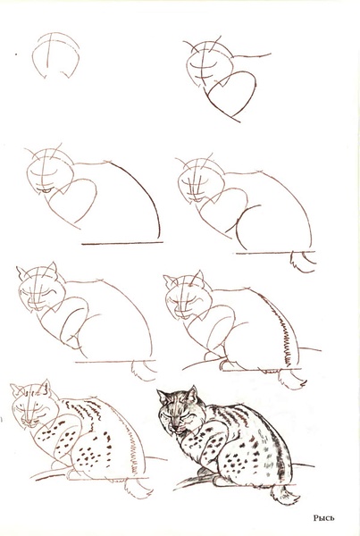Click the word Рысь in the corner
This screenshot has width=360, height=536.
coord(324,516)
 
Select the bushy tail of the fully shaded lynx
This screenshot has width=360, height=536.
coord(286,490)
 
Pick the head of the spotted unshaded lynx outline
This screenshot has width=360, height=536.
coord(31,406)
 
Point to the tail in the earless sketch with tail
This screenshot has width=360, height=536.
coord(304,260)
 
